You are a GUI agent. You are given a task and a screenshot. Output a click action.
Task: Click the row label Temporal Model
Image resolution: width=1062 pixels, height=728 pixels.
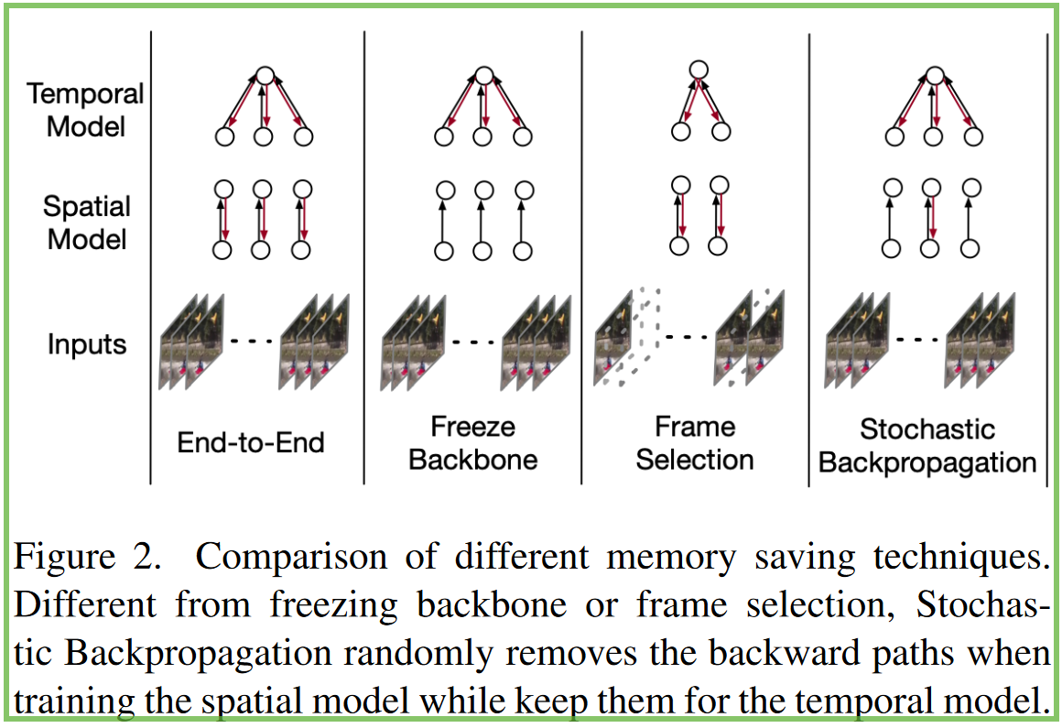coord(85,109)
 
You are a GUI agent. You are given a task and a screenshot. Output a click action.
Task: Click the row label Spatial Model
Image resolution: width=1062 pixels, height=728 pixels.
coord(87,223)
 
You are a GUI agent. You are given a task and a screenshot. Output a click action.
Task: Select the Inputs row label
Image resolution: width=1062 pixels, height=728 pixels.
coord(87,345)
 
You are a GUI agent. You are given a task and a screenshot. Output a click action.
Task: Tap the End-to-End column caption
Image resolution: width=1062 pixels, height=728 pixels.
coord(251,443)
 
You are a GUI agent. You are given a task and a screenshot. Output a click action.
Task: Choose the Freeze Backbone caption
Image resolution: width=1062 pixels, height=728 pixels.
coord(472,442)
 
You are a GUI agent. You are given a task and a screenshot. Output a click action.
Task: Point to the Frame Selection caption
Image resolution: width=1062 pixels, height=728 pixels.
coord(695,442)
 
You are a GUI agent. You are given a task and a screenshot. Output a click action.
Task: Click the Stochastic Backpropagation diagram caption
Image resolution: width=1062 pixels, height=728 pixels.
coord(927,446)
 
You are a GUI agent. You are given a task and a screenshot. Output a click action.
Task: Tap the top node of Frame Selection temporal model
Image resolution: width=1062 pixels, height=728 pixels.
coord(699,69)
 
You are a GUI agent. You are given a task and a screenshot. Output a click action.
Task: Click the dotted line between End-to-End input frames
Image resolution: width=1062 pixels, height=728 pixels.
coord(251,342)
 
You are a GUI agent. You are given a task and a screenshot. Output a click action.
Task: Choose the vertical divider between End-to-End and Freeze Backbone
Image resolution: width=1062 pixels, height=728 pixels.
coord(364,256)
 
